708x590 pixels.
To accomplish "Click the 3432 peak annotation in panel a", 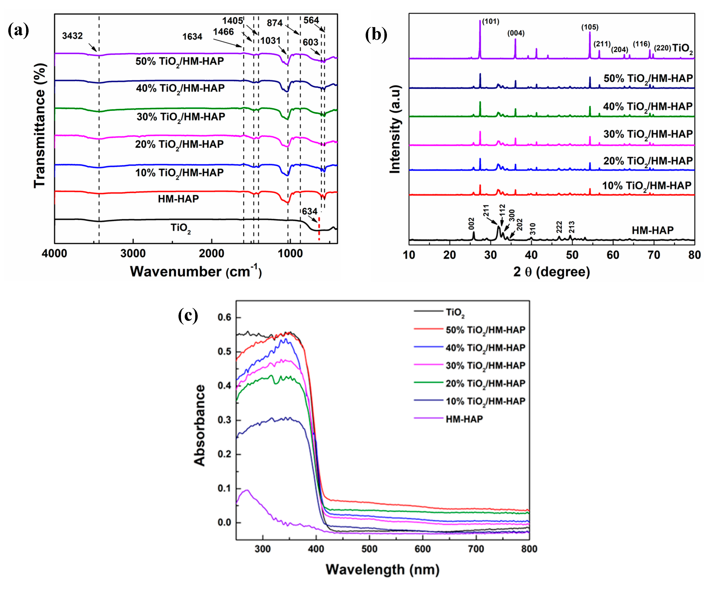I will pos(72,36).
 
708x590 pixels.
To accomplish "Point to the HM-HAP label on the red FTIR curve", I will pos(178,199).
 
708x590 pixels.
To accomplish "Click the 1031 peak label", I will pos(270,41).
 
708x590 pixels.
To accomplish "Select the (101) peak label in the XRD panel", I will pos(491,22).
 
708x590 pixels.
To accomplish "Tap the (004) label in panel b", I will pos(516,33).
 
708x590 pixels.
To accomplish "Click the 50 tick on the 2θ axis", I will pos(572,255).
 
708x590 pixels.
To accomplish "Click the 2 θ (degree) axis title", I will pos(552,272).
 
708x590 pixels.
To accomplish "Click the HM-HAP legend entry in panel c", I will pos(464,419).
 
